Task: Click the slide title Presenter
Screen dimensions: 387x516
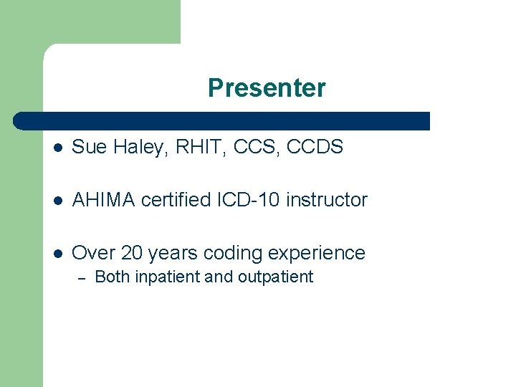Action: coord(267,88)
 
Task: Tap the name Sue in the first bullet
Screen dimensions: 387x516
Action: coord(88,148)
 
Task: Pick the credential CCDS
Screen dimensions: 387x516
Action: coord(315,148)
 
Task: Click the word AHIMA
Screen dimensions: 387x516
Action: coord(104,200)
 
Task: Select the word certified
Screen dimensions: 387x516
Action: coord(176,200)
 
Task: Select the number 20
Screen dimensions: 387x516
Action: coord(133,253)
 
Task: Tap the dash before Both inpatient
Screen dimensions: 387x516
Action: coord(81,277)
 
